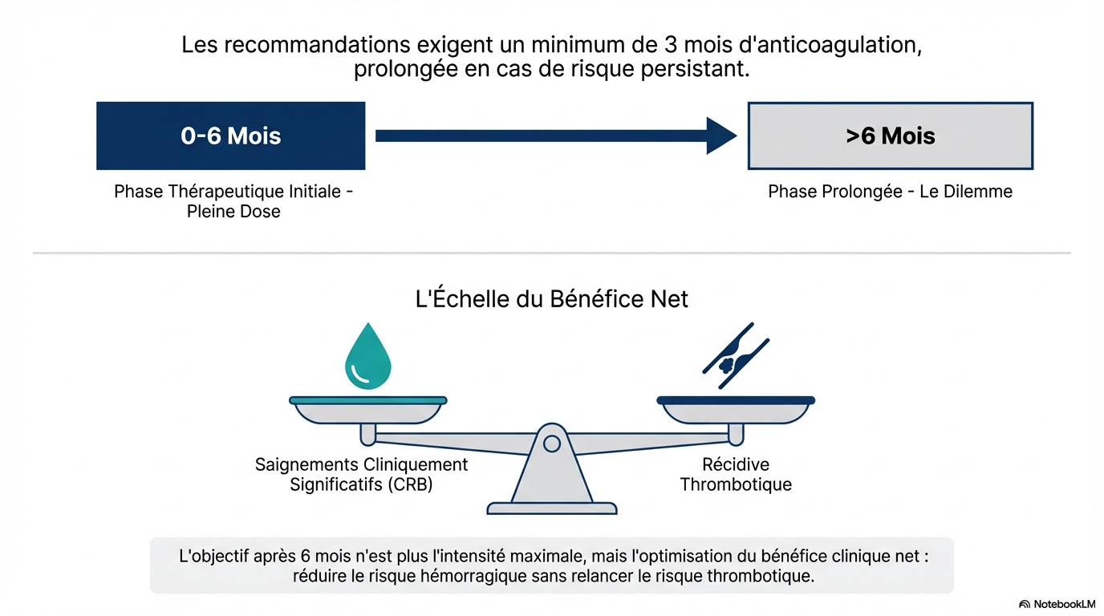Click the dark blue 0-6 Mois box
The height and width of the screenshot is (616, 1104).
pos(230,136)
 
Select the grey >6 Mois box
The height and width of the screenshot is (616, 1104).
pos(890,136)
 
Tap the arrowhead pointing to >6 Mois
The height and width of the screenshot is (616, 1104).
pos(720,136)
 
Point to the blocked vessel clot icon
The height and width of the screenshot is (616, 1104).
pos(736,356)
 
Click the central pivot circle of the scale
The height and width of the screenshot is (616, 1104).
pos(551,443)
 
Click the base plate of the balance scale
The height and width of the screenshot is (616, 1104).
pos(551,508)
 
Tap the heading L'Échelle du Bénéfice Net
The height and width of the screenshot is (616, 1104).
pos(551,299)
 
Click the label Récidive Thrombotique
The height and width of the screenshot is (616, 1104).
pos(736,474)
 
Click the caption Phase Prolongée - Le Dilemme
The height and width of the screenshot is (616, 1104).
pos(890,192)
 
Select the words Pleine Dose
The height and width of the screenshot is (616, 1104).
pos(233,212)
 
